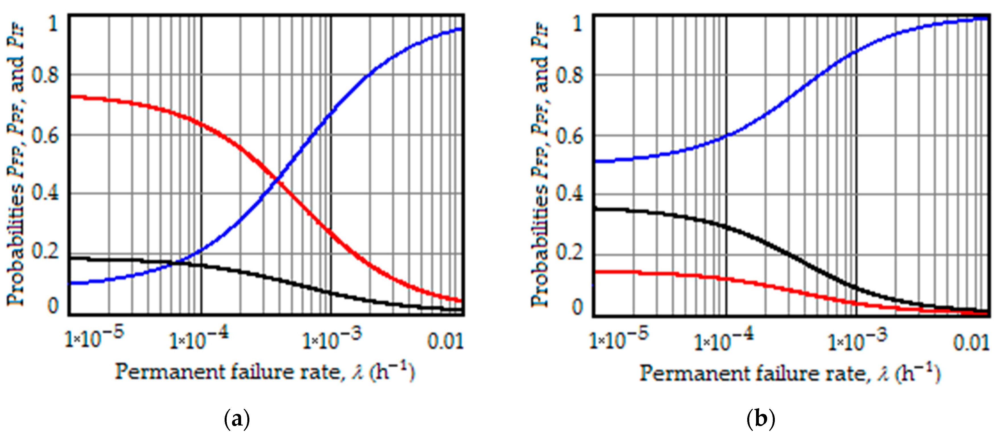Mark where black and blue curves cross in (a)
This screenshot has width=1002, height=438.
pos(178,264)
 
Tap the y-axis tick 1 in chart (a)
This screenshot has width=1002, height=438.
pos(53,24)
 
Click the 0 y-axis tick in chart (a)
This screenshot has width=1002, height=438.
pos(53,306)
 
